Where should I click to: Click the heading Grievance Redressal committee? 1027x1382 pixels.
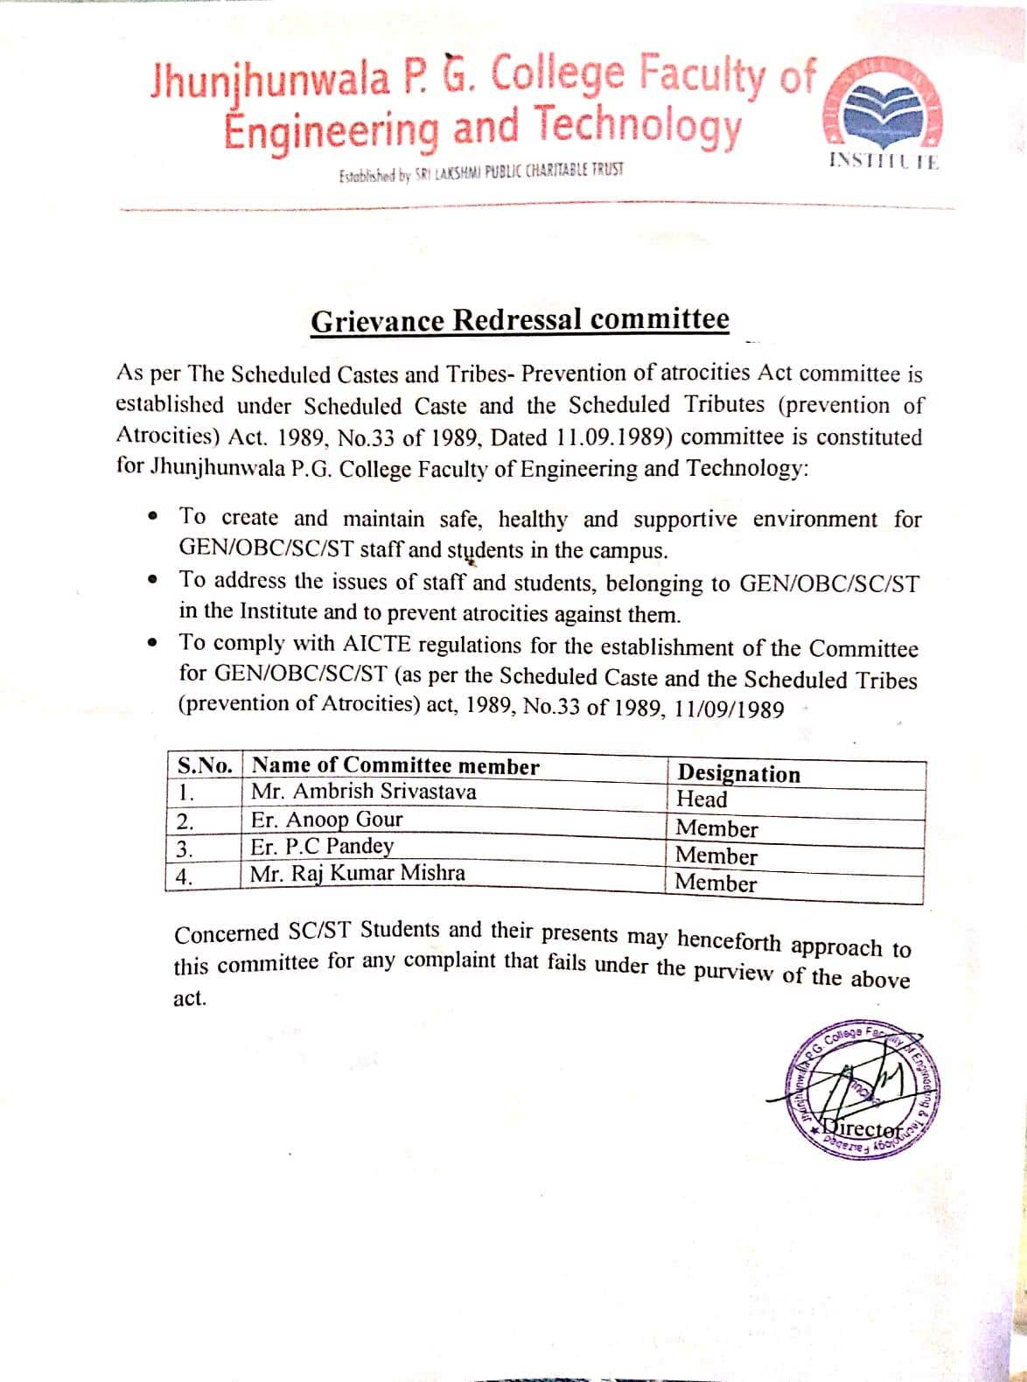[520, 321]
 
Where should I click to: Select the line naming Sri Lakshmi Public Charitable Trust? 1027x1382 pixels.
[481, 171]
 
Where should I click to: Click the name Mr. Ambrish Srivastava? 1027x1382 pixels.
[363, 792]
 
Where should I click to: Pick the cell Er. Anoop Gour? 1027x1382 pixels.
[326, 820]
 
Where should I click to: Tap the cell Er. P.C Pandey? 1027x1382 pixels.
[322, 847]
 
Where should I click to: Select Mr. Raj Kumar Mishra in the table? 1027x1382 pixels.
[357, 873]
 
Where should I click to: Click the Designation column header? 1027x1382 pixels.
[739, 773]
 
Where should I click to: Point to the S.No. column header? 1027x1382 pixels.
[204, 765]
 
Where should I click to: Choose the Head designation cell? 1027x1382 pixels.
[702, 799]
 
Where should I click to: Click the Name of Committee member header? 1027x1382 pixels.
[395, 766]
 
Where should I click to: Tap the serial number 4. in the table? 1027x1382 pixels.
[185, 877]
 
